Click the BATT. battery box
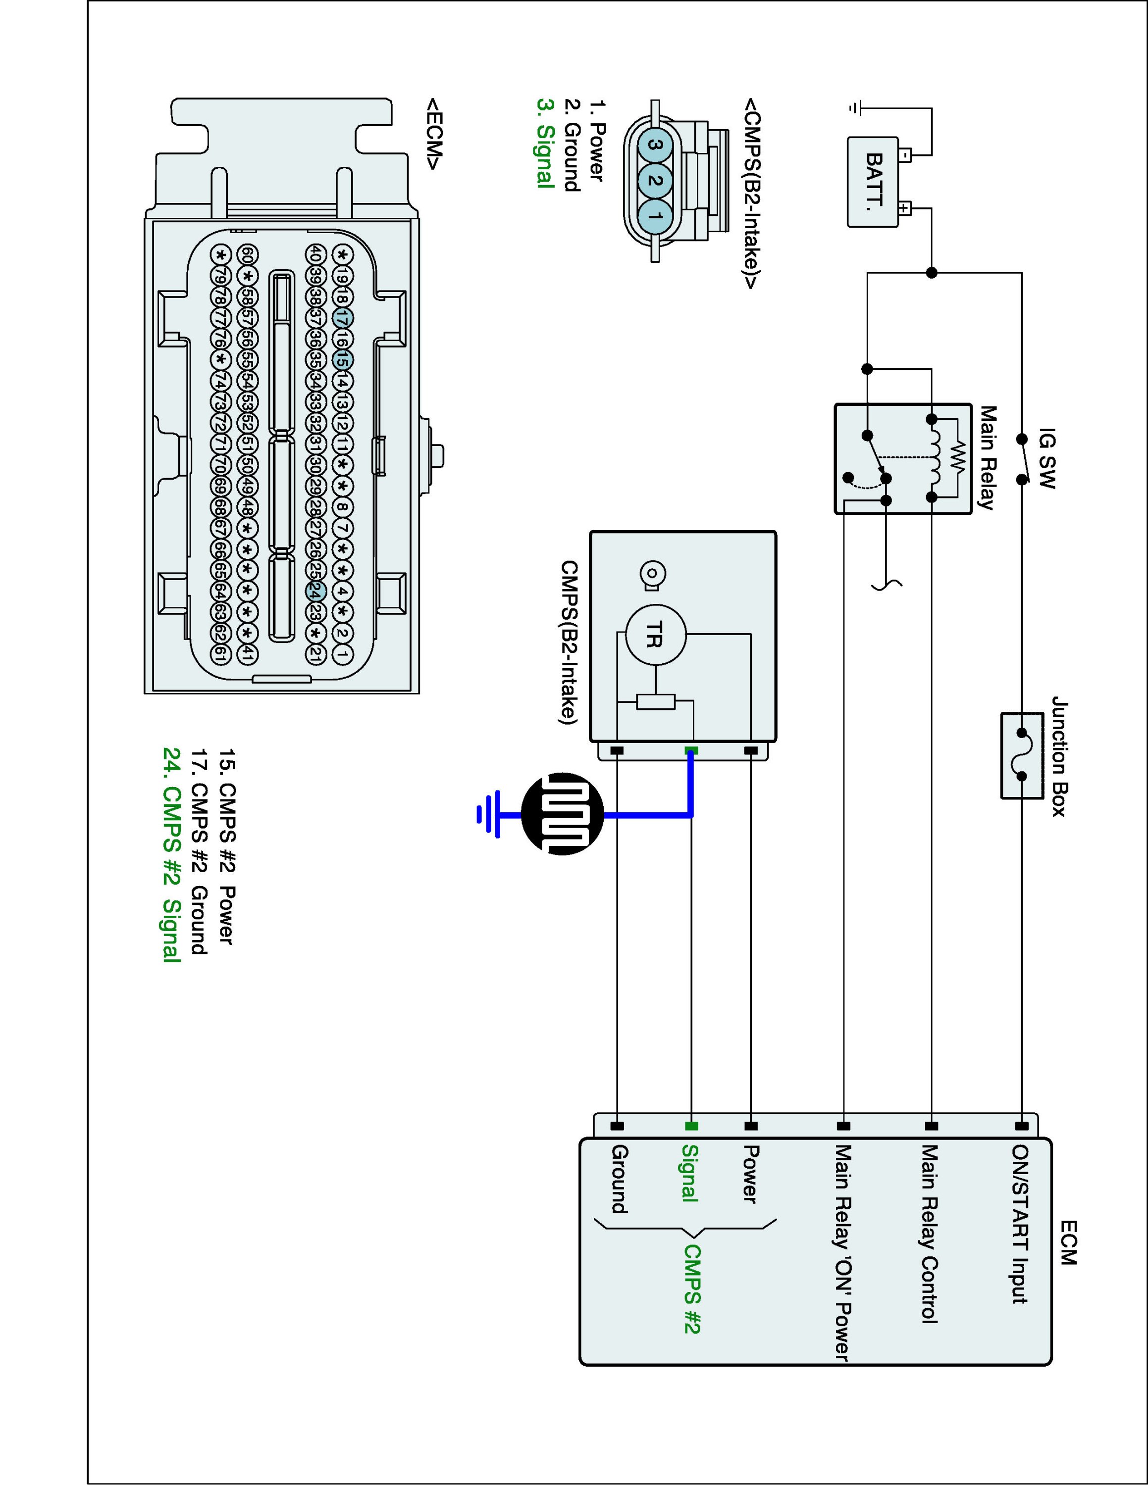pos(873,182)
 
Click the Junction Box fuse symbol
pos(1022,755)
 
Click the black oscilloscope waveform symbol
pos(563,814)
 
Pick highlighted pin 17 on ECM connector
pos(343,317)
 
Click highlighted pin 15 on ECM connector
pos(343,360)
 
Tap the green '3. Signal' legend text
pos(545,143)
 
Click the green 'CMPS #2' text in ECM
pos(692,1289)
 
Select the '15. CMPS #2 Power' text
pos(226,846)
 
